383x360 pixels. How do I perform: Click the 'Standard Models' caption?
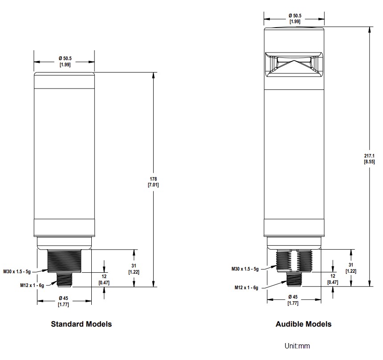pyautogui.click(x=81, y=324)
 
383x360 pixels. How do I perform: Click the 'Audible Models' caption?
pyautogui.click(x=303, y=324)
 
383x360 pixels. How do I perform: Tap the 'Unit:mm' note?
pyautogui.click(x=297, y=346)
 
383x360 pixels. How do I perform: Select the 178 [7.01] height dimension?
pyautogui.click(x=153, y=182)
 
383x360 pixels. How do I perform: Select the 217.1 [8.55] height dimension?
pyautogui.click(x=369, y=158)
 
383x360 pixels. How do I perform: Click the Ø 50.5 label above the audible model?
pyautogui.click(x=294, y=18)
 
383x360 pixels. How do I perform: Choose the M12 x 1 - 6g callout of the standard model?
pyautogui.click(x=31, y=285)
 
